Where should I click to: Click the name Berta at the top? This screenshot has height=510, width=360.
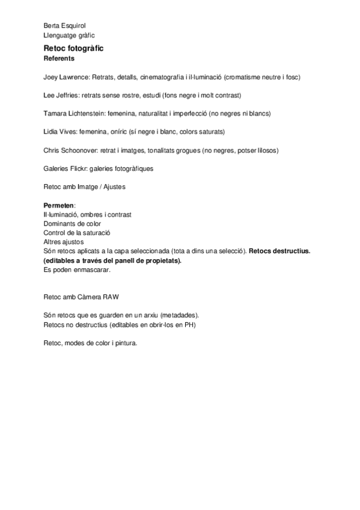coord(52,26)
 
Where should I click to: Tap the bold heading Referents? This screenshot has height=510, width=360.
coord(59,58)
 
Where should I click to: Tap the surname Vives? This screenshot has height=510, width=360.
coord(67,132)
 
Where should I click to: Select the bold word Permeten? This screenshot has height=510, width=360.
coord(58,205)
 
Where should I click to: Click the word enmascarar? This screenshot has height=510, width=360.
coord(93,270)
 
